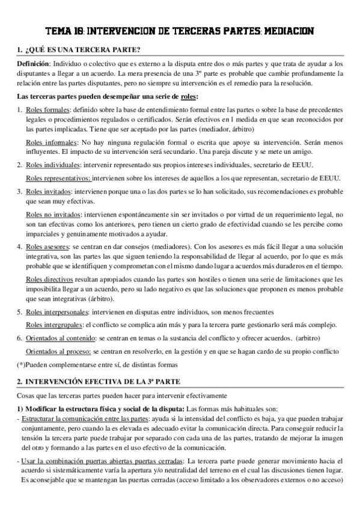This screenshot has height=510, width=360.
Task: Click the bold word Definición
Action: (32, 63)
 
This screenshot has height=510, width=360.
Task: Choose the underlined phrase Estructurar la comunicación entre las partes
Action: (84, 417)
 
